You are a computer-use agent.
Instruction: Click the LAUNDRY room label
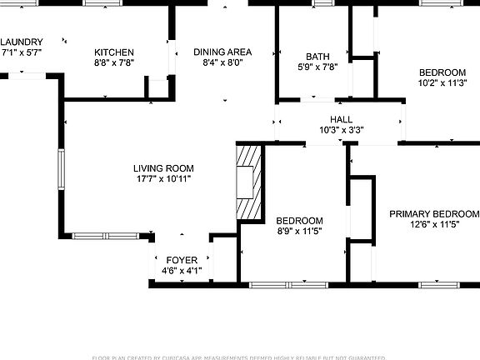(22, 42)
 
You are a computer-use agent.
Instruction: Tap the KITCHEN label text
(114, 51)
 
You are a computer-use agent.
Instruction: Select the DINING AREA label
(222, 52)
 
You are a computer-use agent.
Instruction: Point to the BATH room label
(317, 57)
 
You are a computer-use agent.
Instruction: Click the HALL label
(342, 119)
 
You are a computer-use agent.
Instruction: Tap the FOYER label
(182, 260)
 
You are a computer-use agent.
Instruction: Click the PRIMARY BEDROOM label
(434, 213)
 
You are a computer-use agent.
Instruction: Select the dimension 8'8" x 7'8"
(114, 62)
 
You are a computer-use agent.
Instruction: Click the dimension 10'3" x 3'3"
(342, 130)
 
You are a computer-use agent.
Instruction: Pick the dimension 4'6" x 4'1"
(182, 271)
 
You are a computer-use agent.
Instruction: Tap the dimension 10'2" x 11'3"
(442, 82)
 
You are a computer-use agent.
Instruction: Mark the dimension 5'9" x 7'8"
(317, 67)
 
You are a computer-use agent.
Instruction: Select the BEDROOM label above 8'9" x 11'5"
(299, 221)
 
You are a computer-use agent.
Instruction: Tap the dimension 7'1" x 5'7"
(22, 52)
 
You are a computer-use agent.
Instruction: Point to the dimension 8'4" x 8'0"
(222, 62)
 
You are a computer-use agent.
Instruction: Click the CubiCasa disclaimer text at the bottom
(240, 356)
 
